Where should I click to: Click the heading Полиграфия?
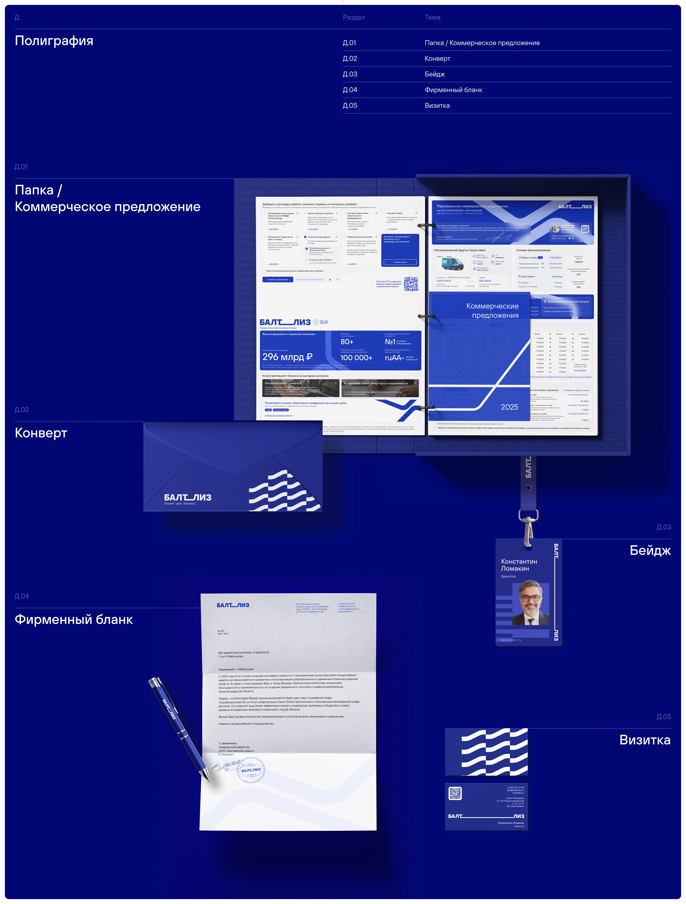pyautogui.click(x=54, y=41)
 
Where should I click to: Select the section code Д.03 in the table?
pyautogui.click(x=350, y=74)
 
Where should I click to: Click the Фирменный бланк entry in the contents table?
pyautogui.click(x=453, y=90)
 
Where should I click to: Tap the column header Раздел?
pyautogui.click(x=354, y=17)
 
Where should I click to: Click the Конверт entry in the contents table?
pyautogui.click(x=438, y=58)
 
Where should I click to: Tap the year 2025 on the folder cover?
pyautogui.click(x=509, y=407)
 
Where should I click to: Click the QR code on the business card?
pyautogui.click(x=455, y=793)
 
